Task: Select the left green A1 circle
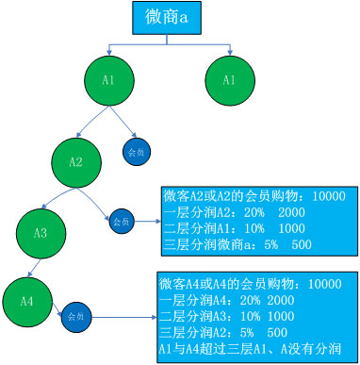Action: click(x=109, y=81)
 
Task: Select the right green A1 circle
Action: click(x=229, y=81)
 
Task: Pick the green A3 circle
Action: click(x=41, y=232)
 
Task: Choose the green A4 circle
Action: click(x=26, y=300)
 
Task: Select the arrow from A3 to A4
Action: click(x=33, y=266)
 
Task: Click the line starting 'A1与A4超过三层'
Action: click(x=254, y=348)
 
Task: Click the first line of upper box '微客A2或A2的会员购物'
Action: click(x=255, y=197)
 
